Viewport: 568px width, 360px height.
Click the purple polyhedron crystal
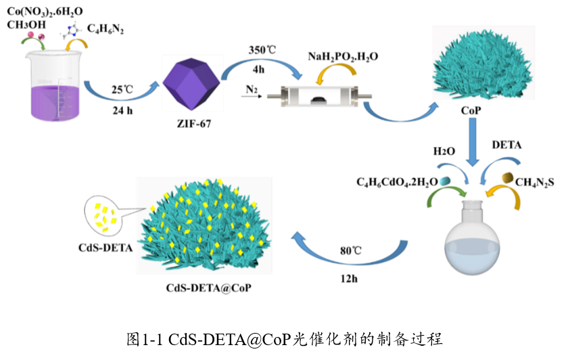coord(192,82)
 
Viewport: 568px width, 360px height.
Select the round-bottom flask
coord(472,244)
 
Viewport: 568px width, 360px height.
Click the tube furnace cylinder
coord(319,97)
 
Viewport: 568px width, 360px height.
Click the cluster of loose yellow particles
coord(103,217)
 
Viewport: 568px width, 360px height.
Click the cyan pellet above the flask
coord(444,181)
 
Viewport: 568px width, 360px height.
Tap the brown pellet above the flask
coord(507,177)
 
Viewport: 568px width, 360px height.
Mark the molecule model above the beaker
coord(72,30)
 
